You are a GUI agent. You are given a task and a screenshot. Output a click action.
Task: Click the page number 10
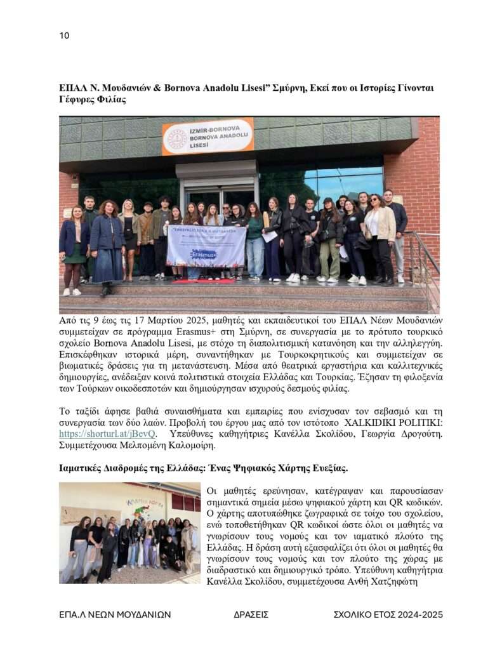tap(64, 36)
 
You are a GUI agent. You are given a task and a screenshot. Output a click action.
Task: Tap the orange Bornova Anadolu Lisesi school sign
tap(208, 136)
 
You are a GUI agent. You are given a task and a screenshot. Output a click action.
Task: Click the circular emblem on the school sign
tap(175, 138)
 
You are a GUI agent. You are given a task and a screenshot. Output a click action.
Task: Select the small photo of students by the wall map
tap(129, 532)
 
